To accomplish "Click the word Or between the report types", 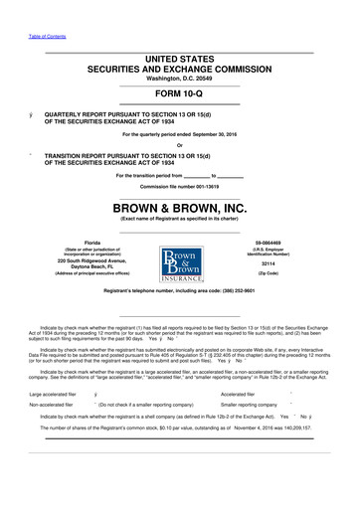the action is point(180,145).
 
